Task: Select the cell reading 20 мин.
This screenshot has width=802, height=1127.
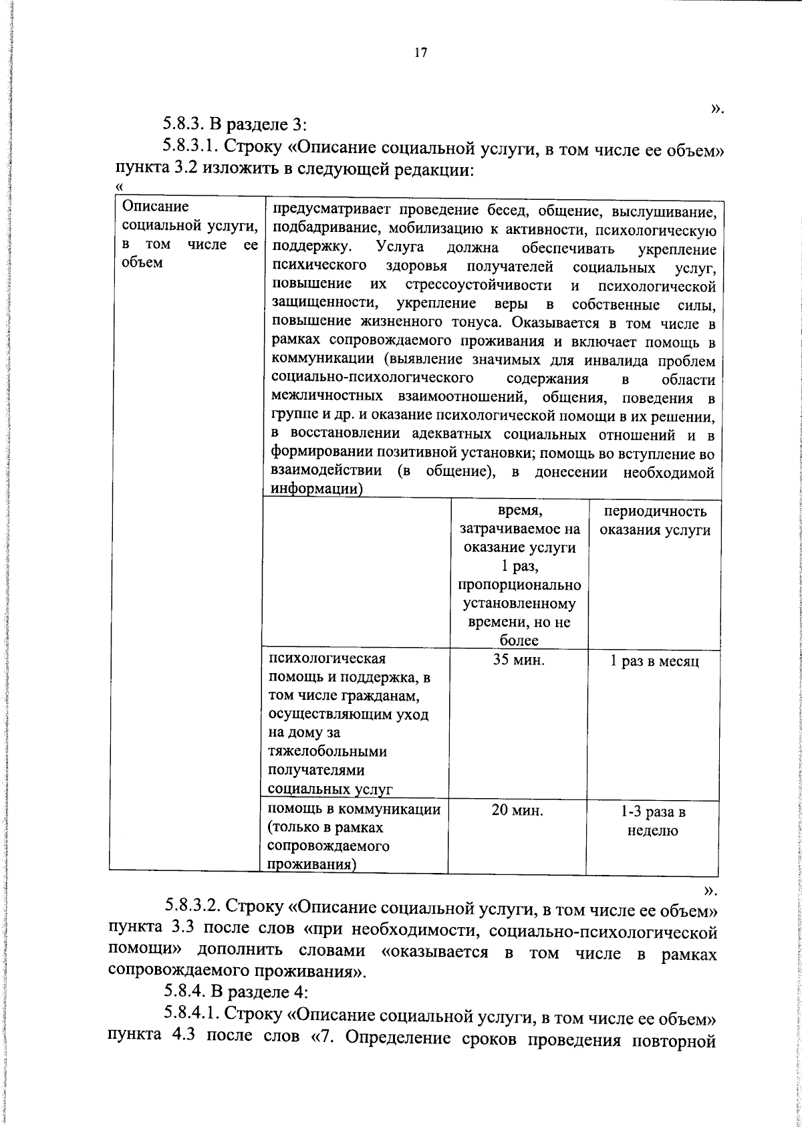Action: [x=518, y=811]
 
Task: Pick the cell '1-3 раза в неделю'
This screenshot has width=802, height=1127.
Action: [x=653, y=822]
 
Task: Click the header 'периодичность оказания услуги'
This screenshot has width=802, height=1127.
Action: [x=654, y=521]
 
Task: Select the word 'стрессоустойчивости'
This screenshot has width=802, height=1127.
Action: [x=478, y=285]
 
